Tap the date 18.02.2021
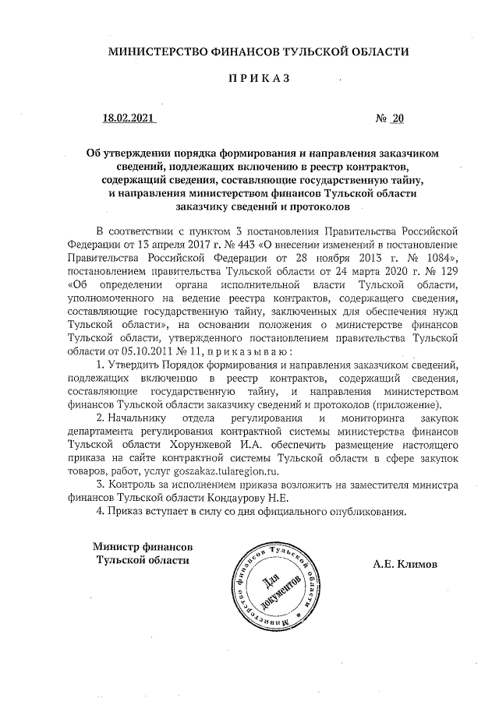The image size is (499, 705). [x=129, y=119]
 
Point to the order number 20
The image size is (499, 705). [x=398, y=119]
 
